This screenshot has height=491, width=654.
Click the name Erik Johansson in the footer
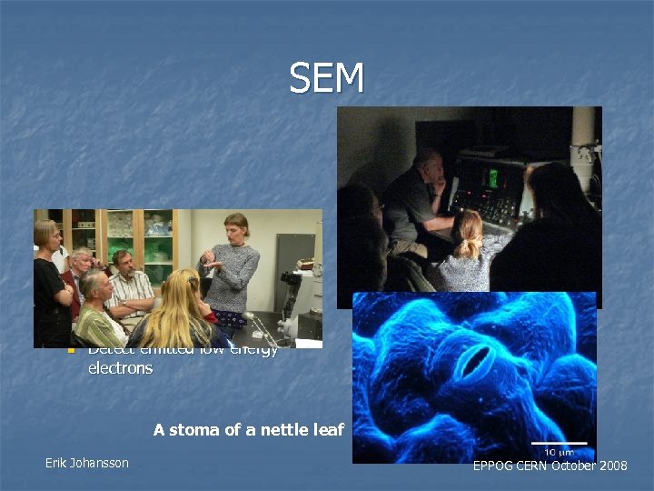87,463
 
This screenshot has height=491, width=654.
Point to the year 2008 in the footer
609,466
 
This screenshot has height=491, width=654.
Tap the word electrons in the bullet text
120,368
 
